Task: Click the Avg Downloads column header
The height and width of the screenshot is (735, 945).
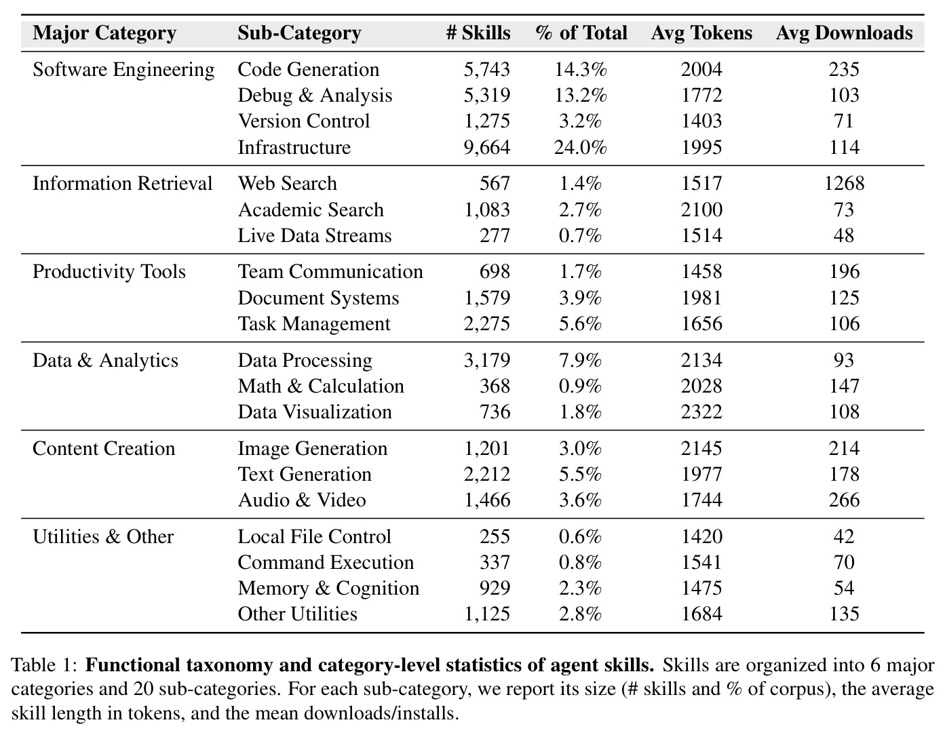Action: [x=844, y=33]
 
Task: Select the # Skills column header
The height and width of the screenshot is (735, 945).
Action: [x=478, y=33]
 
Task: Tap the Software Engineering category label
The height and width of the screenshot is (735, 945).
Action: [x=123, y=70]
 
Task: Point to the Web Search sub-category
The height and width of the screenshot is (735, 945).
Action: [x=287, y=184]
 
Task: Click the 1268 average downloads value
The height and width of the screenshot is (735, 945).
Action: [x=844, y=184]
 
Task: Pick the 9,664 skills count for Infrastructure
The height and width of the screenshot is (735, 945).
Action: [x=486, y=147]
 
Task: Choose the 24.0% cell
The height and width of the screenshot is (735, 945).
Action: [x=580, y=147]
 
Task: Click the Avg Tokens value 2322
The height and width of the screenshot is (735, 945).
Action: [x=701, y=412]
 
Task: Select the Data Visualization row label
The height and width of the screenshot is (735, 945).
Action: [x=314, y=412]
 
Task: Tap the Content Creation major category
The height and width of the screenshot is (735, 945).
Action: [x=104, y=449]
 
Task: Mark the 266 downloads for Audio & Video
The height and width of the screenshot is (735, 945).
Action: [x=844, y=500]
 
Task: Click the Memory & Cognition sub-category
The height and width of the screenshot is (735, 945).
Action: [x=328, y=588]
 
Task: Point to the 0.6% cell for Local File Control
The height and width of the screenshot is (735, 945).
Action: [x=580, y=536]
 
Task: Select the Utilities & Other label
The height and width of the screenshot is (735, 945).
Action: [x=104, y=536]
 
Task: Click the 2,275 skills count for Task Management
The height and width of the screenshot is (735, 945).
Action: [x=486, y=324]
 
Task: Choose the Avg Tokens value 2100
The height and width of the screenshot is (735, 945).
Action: [x=701, y=210]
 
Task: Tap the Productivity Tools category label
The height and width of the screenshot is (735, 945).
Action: [x=109, y=272]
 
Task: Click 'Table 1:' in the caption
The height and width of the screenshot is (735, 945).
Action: [x=44, y=665]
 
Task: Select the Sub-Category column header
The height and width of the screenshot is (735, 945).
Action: [x=300, y=33]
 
